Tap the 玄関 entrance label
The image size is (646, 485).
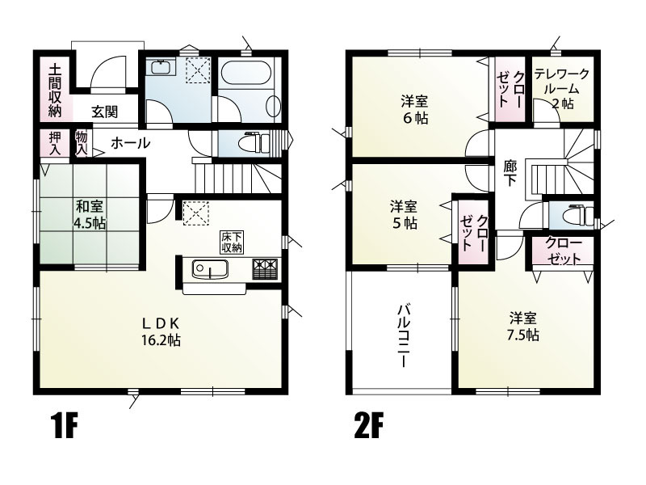(104, 112)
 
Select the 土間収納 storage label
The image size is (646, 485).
(55, 89)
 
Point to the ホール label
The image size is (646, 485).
(129, 143)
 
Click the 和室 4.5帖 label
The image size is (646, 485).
(89, 213)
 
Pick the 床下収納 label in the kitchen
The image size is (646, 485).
(232, 242)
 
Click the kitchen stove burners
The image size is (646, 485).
(265, 268)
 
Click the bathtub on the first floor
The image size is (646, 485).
(250, 86)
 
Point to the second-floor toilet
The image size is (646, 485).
(573, 215)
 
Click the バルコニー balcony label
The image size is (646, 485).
(402, 335)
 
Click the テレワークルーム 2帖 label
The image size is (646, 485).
(561, 89)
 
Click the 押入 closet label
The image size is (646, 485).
(55, 144)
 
